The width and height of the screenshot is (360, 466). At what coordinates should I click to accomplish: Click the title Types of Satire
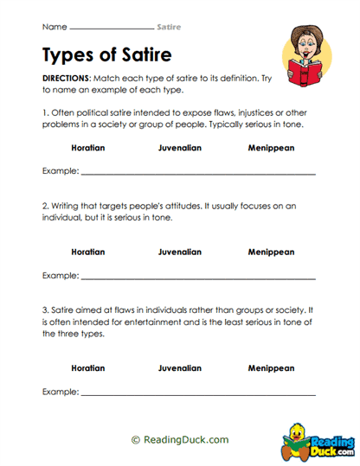coord(106,55)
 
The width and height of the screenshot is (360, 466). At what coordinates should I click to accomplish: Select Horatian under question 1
coord(88,149)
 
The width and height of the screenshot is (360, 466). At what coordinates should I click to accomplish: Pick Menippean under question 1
coord(273,149)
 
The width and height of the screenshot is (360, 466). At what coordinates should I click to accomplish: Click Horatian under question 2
coord(88,252)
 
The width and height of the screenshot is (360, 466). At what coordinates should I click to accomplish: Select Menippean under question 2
coord(273,252)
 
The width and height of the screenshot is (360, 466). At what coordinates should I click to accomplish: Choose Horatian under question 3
coord(88,367)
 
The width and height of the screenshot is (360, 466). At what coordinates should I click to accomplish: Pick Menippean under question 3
coord(273,367)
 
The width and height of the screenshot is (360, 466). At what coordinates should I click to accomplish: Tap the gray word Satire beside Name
coord(169,27)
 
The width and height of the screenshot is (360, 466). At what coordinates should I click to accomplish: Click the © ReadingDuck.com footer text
coord(180,439)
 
